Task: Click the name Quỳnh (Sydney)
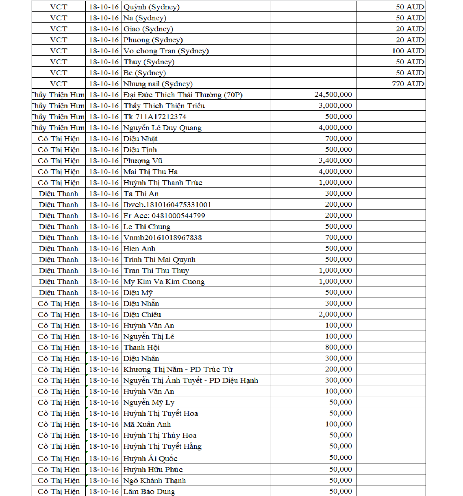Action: pos(152,7)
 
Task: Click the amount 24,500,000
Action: pos(333,94)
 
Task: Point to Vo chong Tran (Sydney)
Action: pos(166,51)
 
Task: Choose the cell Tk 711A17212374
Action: pos(155,117)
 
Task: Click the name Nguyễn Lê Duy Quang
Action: pos(163,128)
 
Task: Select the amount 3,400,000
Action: pos(335,160)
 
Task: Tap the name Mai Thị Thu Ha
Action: pos(150,172)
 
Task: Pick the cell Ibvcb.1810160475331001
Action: pos(167,205)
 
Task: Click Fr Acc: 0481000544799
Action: pos(164,216)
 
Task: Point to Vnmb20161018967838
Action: pos(163,238)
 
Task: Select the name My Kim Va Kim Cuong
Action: pos(164,282)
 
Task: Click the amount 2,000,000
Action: pos(335,314)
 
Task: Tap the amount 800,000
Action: pos(338,347)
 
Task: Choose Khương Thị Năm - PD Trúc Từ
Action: pos(178,369)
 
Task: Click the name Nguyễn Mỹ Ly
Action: pos(149,402)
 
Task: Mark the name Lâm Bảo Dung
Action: pos(149,492)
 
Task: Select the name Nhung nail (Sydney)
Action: pos(158,84)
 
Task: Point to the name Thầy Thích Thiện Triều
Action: pos(164,106)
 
